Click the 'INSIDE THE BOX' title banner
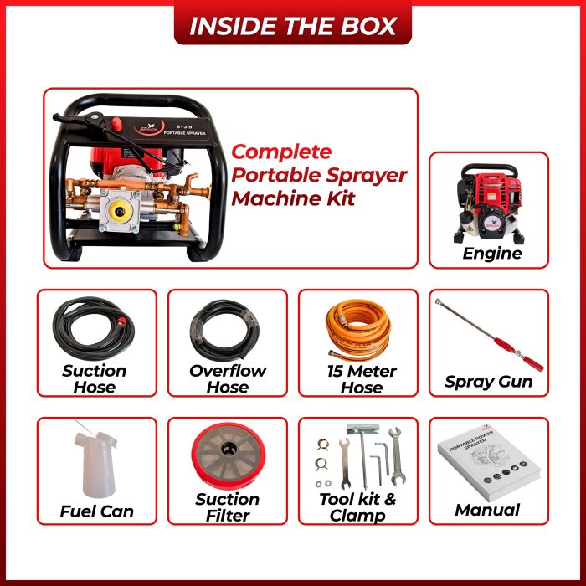(292, 24)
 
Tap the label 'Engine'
(492, 254)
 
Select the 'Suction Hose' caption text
(95, 379)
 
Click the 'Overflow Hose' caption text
(228, 379)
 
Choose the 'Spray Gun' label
(489, 383)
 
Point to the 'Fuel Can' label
(96, 511)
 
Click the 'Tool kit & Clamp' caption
(358, 507)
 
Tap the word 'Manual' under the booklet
(487, 510)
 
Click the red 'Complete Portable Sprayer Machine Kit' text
(318, 176)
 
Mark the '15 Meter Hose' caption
(362, 379)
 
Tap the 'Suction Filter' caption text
(228, 507)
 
